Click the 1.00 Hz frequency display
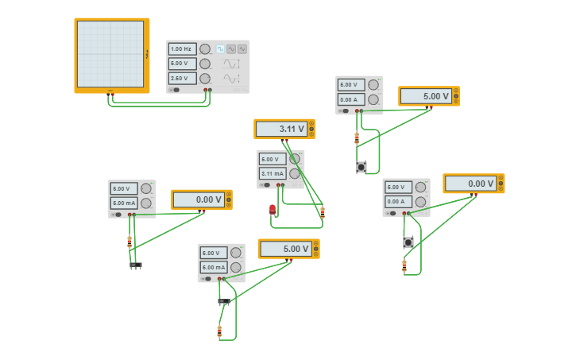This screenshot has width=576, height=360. pyautogui.click(x=182, y=48)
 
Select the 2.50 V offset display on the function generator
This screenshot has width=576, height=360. pyautogui.click(x=182, y=78)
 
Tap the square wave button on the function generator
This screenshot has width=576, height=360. pyautogui.click(x=220, y=48)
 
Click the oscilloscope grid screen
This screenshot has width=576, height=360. pyautogui.click(x=110, y=54)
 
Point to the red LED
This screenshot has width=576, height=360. pyautogui.click(x=273, y=210)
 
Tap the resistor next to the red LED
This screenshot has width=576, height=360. pyautogui.click(x=323, y=212)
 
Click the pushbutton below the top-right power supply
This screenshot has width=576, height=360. pyautogui.click(x=361, y=167)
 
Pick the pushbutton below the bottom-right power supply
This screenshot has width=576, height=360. pyautogui.click(x=408, y=242)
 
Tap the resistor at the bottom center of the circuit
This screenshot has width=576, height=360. pyautogui.click(x=220, y=331)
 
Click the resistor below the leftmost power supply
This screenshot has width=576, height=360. pyautogui.click(x=130, y=242)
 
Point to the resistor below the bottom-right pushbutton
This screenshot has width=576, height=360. pyautogui.click(x=404, y=265)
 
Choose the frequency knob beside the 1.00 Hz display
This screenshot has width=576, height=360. pyautogui.click(x=205, y=48)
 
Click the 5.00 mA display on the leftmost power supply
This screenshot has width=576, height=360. pyautogui.click(x=123, y=203)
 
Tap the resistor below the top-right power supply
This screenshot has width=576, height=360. pyautogui.click(x=357, y=137)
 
